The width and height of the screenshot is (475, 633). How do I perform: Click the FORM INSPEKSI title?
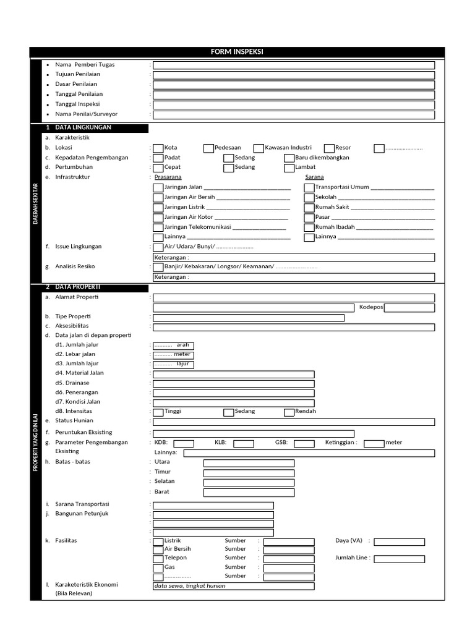237,52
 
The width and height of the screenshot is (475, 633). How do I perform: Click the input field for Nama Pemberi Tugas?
294,65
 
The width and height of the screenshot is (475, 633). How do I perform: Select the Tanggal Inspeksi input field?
294,104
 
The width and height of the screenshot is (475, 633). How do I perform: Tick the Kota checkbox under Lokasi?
158,148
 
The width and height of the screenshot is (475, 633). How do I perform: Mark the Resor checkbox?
328,148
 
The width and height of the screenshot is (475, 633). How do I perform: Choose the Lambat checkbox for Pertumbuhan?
289,168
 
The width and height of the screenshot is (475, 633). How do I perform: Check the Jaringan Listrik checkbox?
158,208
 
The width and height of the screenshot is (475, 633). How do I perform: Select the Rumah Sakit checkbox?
309,208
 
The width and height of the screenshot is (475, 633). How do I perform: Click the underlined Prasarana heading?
168,177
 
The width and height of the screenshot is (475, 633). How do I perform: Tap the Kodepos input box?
409,308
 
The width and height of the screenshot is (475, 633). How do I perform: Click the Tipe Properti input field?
249,318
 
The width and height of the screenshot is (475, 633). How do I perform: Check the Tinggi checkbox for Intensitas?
158,412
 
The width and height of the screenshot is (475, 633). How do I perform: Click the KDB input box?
184,443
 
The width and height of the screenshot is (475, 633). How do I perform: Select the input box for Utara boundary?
249,463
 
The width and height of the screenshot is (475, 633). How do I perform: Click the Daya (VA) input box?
399,542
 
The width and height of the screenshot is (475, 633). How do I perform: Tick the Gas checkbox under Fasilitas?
158,567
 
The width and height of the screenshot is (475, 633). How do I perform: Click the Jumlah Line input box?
399,559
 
